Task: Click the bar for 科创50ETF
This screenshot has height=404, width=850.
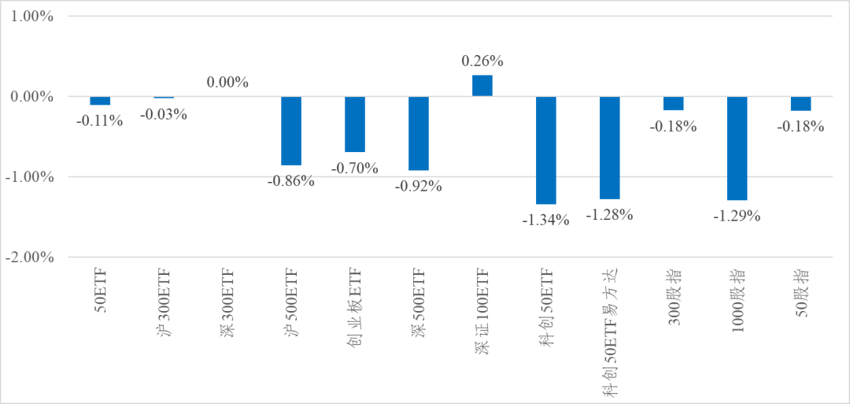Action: coord(546,150)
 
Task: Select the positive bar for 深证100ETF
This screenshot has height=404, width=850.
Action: coord(482,86)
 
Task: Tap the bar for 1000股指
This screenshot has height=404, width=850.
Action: coord(737,148)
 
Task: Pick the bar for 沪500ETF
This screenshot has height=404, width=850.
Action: coord(291,131)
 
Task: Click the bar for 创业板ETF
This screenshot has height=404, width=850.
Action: coord(355,124)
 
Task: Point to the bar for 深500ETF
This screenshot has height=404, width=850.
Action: coord(419,133)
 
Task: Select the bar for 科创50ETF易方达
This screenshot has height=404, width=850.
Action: coord(610,148)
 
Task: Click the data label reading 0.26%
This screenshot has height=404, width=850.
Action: coord(482,61)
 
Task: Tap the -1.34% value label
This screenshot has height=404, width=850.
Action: coord(546,220)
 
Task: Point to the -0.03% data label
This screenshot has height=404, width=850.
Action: coord(163,114)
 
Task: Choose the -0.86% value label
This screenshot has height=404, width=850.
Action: coord(291,180)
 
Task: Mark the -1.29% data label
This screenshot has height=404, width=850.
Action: coord(737,216)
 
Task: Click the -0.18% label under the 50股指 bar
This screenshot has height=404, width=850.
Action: coord(800,127)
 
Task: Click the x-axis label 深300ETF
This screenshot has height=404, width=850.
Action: coord(227,300)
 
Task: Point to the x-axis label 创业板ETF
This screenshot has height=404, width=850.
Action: coord(355,306)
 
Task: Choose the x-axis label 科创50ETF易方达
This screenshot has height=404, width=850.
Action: coord(610,332)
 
